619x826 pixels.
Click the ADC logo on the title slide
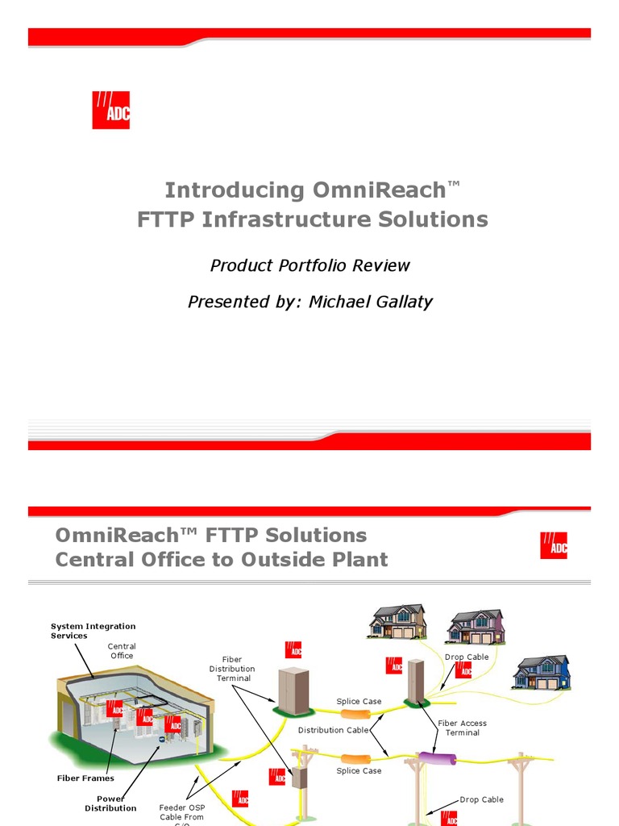pyautogui.click(x=111, y=111)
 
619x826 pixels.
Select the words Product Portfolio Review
pyautogui.click(x=310, y=265)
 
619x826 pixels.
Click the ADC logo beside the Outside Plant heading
pyautogui.click(x=554, y=546)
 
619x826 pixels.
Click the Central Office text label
pyautogui.click(x=122, y=651)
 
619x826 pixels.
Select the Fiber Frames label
pyautogui.click(x=85, y=778)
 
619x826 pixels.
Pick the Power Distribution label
pyautogui.click(x=110, y=803)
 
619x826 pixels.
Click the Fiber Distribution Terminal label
pyautogui.click(x=232, y=669)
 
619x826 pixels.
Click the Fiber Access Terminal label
pyautogui.click(x=463, y=728)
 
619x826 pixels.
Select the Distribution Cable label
pyautogui.click(x=333, y=730)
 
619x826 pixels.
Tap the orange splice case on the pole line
pyautogui.click(x=356, y=759)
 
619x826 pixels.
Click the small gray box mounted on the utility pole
pyautogui.click(x=301, y=776)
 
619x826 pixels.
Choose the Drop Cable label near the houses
pyautogui.click(x=467, y=657)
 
